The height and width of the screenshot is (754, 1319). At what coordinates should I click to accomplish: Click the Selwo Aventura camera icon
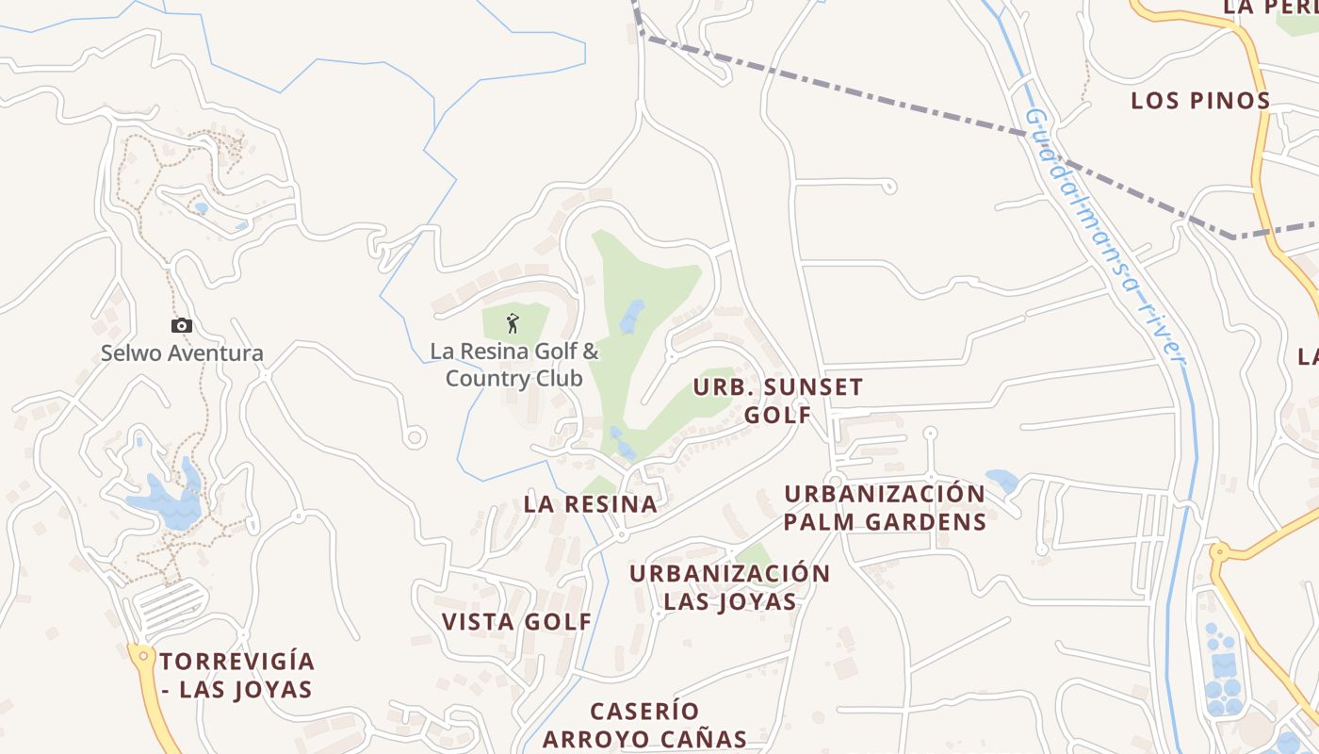(182, 325)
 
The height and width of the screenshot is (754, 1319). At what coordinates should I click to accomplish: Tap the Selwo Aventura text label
(182, 354)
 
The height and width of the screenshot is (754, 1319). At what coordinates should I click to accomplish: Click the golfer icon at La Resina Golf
(513, 323)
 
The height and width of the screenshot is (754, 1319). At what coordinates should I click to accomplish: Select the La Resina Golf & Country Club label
(514, 365)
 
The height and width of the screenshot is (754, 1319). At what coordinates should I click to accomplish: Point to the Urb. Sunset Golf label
(778, 401)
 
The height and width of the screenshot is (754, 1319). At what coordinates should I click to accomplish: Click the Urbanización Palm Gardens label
(885, 508)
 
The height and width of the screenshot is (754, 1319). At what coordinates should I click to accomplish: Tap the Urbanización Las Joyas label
(730, 587)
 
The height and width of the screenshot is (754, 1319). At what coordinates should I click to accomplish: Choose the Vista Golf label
(517, 622)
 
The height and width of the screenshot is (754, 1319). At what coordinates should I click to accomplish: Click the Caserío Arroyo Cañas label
(644, 725)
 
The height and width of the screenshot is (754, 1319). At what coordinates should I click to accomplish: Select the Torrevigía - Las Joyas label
(236, 675)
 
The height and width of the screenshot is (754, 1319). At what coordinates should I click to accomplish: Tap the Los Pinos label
(1200, 101)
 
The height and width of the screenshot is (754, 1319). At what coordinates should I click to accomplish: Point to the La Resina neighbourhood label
(591, 504)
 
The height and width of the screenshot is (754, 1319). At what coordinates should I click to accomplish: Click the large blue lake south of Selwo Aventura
(170, 504)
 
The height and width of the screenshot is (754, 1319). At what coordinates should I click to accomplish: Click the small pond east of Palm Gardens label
(1001, 481)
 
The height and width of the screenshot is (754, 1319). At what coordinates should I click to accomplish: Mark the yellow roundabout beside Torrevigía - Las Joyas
(142, 653)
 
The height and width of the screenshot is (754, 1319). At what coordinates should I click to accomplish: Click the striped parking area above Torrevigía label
(170, 603)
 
